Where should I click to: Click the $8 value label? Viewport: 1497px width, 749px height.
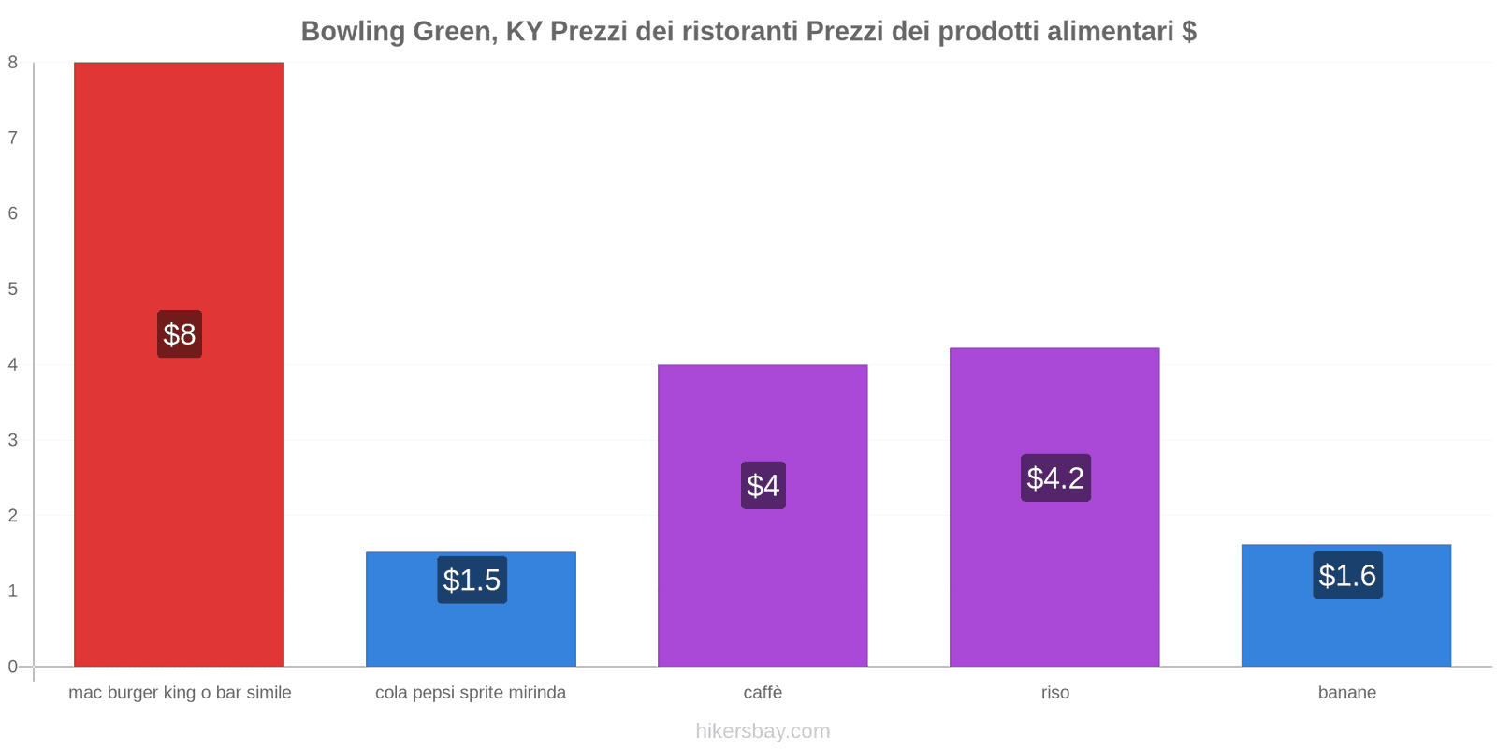[179, 334]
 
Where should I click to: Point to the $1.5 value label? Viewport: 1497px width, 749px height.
[472, 580]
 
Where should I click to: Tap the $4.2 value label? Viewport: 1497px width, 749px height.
[1055, 478]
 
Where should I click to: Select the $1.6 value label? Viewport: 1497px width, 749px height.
[1347, 576]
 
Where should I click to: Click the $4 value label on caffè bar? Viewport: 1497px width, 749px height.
[763, 486]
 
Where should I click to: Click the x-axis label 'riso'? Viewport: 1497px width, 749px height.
[1055, 693]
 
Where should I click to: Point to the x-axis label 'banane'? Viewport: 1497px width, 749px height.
[1347, 693]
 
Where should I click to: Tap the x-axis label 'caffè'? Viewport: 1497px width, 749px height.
[763, 693]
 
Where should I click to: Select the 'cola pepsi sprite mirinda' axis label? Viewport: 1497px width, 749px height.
[471, 693]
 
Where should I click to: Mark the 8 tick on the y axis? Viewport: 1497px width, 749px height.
[13, 63]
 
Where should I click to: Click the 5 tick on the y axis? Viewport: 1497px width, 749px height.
[13, 289]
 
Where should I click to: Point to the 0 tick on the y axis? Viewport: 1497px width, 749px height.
[13, 667]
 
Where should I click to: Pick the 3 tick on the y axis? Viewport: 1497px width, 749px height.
[13, 440]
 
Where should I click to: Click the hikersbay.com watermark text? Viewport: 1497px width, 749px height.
[763, 731]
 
